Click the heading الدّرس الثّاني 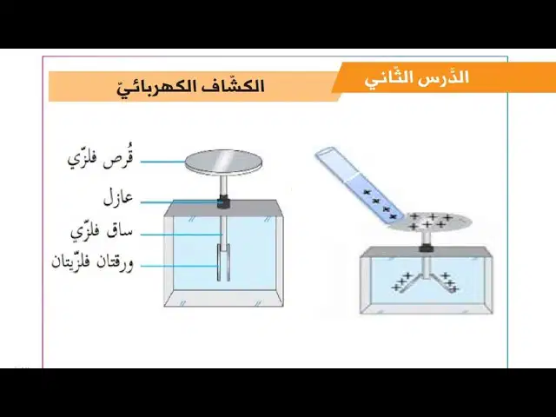[x=417, y=78]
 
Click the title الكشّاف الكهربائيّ [x=191, y=87]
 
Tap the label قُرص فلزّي [x=101, y=161]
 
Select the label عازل [x=118, y=199]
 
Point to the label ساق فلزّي [x=102, y=232]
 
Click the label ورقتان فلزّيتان [x=93, y=262]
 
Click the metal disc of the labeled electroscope [x=224, y=162]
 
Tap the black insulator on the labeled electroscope [x=224, y=202]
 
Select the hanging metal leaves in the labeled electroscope [x=223, y=262]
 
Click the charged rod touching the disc [x=359, y=185]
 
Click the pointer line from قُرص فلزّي [x=163, y=162]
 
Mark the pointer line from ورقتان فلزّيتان [x=179, y=266]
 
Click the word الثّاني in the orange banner [x=389, y=79]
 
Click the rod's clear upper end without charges [x=334, y=163]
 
